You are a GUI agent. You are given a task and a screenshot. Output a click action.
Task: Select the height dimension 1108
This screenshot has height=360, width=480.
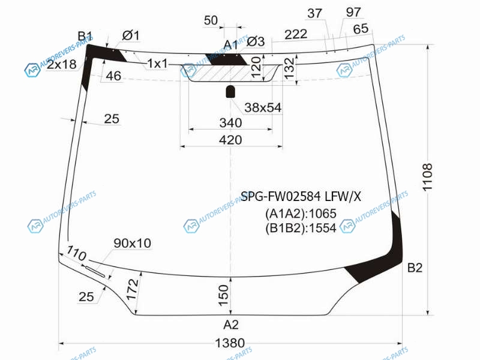click(x=427, y=177)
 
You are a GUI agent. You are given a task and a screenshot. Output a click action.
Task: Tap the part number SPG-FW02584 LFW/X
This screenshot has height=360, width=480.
click(x=301, y=196)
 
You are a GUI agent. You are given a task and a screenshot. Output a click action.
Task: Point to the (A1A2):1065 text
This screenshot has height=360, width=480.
click(x=301, y=213)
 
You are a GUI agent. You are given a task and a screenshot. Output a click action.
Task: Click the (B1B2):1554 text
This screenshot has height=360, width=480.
click(x=301, y=228)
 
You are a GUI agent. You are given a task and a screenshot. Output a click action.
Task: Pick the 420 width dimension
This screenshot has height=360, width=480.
click(x=230, y=140)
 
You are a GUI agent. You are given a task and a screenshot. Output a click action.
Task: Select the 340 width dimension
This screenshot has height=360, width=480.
click(x=230, y=123)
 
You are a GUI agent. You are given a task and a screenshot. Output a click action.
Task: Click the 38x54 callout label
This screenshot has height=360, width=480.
click(x=263, y=107)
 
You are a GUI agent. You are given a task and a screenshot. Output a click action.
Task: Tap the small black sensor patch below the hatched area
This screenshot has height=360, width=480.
click(x=230, y=92)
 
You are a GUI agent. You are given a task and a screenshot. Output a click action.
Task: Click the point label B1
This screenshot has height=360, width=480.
click(x=85, y=35)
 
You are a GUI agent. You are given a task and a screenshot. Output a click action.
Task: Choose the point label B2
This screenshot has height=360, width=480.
click(x=415, y=268)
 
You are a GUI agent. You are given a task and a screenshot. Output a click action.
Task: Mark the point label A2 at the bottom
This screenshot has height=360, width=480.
click(x=231, y=325)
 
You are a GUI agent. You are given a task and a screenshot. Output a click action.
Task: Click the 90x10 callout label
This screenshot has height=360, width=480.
click(x=132, y=243)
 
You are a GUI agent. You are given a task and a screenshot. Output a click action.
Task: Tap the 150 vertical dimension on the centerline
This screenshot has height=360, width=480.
click(x=223, y=293)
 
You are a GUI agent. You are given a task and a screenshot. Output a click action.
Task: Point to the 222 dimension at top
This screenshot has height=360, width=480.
click(x=296, y=34)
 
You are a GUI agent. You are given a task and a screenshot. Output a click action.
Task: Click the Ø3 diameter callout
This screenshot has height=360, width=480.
click(x=256, y=41)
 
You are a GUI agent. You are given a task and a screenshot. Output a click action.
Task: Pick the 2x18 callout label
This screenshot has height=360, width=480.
click(x=62, y=64)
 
